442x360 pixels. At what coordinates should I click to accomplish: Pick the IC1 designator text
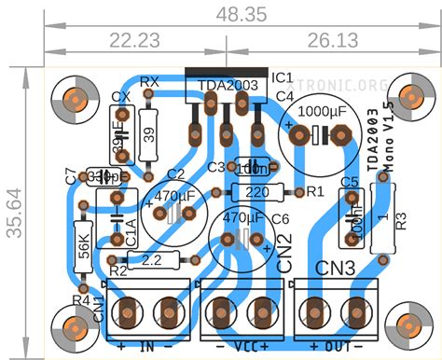click(x=283, y=76)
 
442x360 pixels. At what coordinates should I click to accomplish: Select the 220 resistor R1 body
click(x=259, y=191)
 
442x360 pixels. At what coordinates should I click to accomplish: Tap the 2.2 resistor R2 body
click(x=151, y=260)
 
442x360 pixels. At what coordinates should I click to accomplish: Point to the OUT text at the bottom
click(x=334, y=347)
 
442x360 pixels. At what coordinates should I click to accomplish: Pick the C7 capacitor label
click(x=73, y=173)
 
